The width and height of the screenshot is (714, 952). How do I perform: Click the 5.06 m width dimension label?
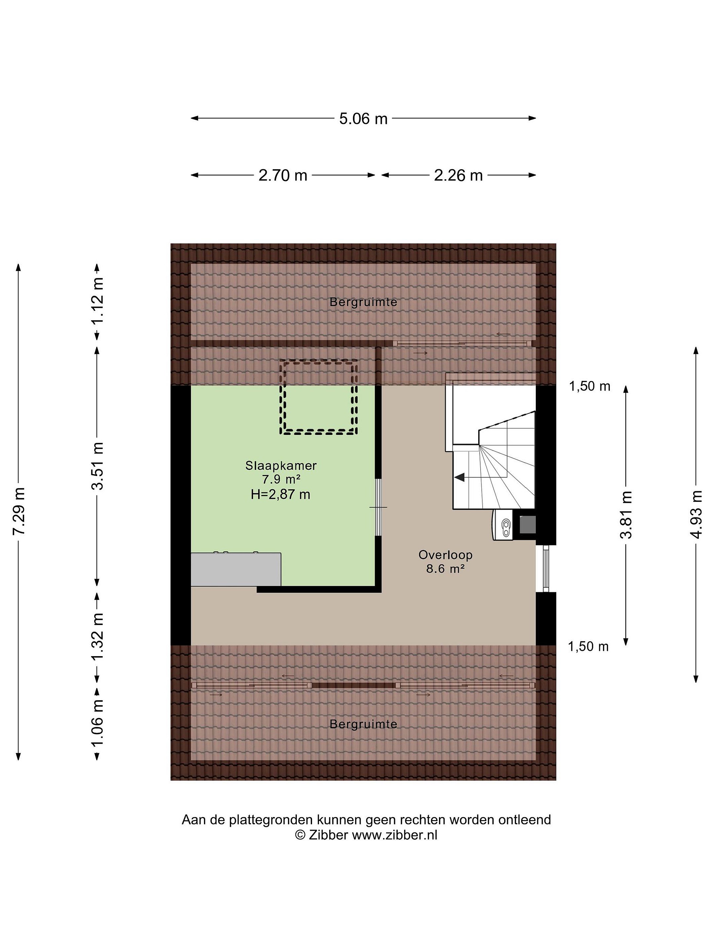(x=363, y=118)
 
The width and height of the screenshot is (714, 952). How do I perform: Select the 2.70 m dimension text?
(x=283, y=175)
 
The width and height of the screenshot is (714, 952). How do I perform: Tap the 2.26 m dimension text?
(x=458, y=175)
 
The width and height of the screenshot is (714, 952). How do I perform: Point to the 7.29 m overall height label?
(x=19, y=511)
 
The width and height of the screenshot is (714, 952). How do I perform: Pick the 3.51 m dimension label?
(x=97, y=466)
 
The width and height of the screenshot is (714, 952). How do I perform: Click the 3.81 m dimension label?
(x=626, y=514)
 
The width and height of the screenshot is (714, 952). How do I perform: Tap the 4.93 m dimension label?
(x=696, y=514)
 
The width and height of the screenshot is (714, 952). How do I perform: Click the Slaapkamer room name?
(x=281, y=466)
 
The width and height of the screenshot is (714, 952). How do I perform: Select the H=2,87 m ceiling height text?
(x=281, y=495)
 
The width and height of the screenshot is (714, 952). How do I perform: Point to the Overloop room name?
(x=446, y=555)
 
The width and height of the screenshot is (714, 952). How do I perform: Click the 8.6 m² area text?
(x=446, y=569)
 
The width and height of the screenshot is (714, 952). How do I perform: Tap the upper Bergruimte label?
(x=363, y=302)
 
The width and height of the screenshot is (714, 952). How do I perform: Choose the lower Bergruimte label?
(x=363, y=724)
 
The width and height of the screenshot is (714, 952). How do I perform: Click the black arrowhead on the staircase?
(x=459, y=477)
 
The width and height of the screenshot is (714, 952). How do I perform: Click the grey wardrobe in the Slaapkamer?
(x=236, y=570)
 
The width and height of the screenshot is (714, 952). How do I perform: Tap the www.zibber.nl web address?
(x=395, y=835)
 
